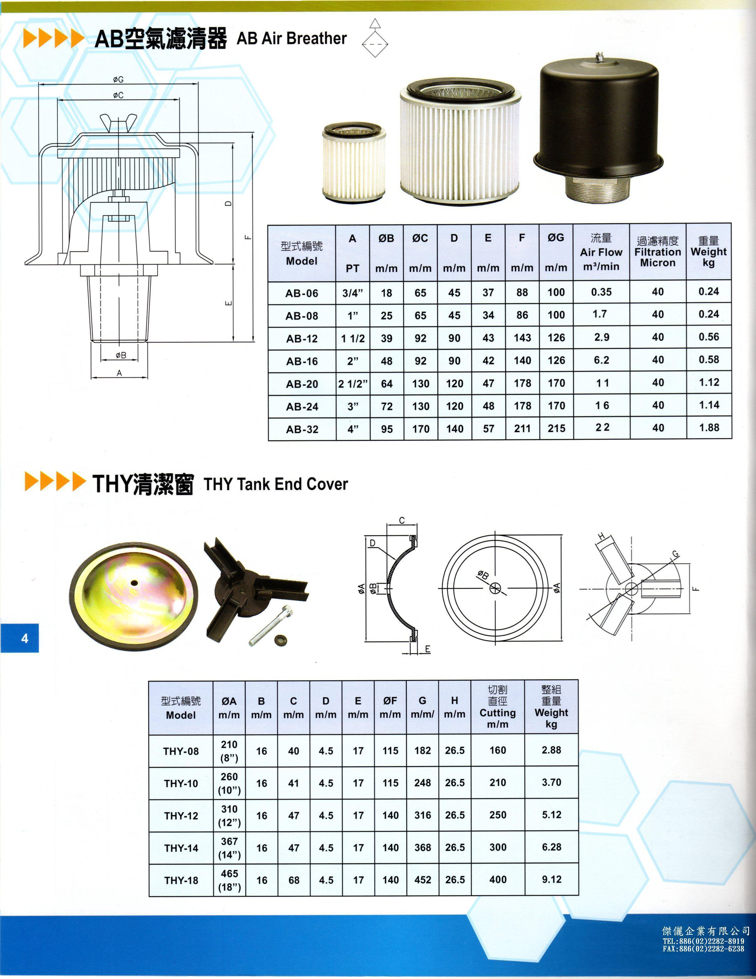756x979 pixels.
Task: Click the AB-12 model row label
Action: pos(302,338)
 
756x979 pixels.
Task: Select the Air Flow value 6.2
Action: pos(601,360)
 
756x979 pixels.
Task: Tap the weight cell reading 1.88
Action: pos(709,428)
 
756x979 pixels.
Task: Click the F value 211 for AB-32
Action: pos(522,429)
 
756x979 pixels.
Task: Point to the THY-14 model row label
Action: pos(181,848)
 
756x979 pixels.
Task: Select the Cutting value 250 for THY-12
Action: pos(498,815)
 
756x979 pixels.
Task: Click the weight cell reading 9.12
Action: pos(551,879)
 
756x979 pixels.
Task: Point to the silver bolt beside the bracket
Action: pos(272,625)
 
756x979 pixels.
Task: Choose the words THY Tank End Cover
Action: pos(276,484)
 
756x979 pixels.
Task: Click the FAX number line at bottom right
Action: pos(703,949)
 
